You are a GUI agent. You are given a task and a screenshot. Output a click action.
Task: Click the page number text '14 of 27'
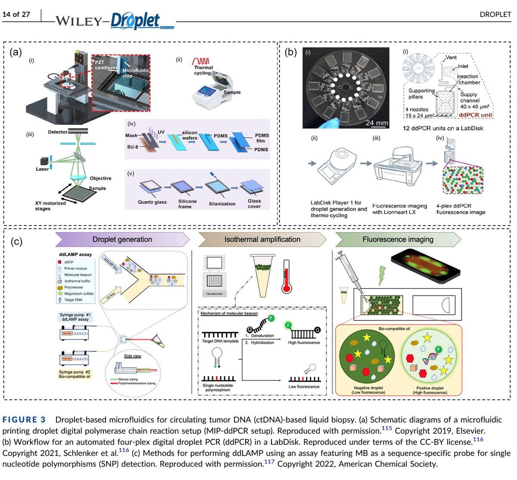16,14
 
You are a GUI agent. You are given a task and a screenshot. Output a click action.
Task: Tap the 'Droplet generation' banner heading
122,239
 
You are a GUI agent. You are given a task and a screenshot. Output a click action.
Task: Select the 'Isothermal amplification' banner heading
262,239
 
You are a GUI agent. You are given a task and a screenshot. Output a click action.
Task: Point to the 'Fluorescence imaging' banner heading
397,239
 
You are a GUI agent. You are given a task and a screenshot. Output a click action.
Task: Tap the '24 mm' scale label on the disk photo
377,123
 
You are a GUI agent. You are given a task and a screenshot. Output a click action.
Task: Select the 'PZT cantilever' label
105,65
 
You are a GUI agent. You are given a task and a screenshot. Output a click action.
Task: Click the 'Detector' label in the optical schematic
58,132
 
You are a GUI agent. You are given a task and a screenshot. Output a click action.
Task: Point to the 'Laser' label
42,169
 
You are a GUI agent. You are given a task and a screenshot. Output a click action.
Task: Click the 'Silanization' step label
222,204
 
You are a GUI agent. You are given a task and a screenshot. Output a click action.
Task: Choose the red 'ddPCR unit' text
475,115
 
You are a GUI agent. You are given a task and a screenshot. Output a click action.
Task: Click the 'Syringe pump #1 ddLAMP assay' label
75,317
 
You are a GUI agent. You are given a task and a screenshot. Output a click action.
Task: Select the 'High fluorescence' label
304,342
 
